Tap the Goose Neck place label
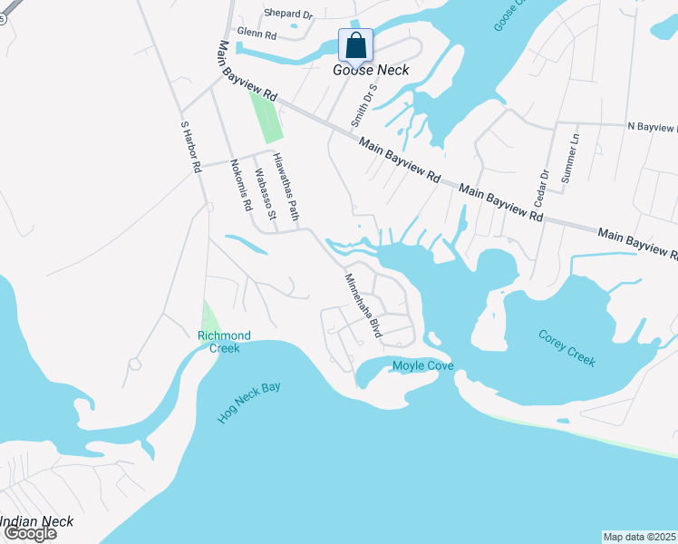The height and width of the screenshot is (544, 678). coord(372,70)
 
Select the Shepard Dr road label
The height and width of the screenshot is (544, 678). coord(287,15)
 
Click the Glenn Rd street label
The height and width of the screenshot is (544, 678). coord(257,33)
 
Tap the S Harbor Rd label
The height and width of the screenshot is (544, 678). coord(189,148)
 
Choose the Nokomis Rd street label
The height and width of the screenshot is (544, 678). coord(240,185)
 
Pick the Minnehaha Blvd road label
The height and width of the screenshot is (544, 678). coord(363,307)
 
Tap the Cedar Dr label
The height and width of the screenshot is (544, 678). coord(544,187)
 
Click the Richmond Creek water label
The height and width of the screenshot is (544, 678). coord(224,342)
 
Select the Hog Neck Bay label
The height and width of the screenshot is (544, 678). coord(249,402)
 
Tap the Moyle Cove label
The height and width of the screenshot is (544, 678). coord(422,366)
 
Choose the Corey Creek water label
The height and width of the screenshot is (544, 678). coord(567,347)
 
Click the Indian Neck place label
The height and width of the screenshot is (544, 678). coord(36,521)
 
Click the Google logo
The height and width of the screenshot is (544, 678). coord(29,533)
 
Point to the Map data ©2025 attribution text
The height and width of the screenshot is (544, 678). coord(640,536)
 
